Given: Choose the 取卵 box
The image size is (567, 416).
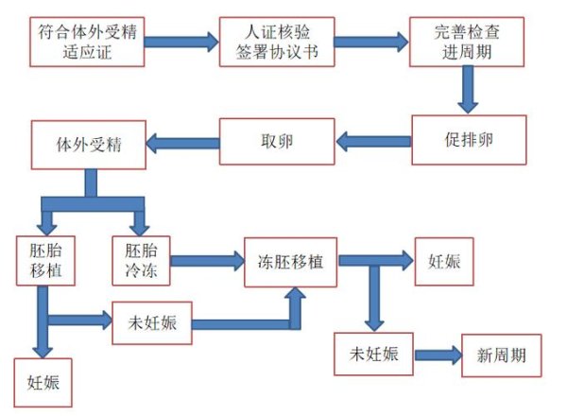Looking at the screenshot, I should click(x=277, y=142).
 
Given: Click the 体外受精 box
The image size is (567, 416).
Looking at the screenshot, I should click(x=88, y=145).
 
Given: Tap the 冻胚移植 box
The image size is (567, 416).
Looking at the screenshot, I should click(x=291, y=258).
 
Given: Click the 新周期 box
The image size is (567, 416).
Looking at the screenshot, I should click(x=501, y=356).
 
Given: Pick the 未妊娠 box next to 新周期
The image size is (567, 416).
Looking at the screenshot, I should click(x=374, y=355).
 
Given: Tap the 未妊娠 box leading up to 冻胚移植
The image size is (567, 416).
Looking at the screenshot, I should click(x=151, y=321).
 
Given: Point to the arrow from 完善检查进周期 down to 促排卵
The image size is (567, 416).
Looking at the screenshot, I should click(x=465, y=90).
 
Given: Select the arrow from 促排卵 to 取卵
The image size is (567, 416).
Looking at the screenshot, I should click(x=374, y=142).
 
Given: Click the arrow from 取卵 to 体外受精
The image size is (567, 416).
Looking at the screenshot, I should click(x=182, y=144).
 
